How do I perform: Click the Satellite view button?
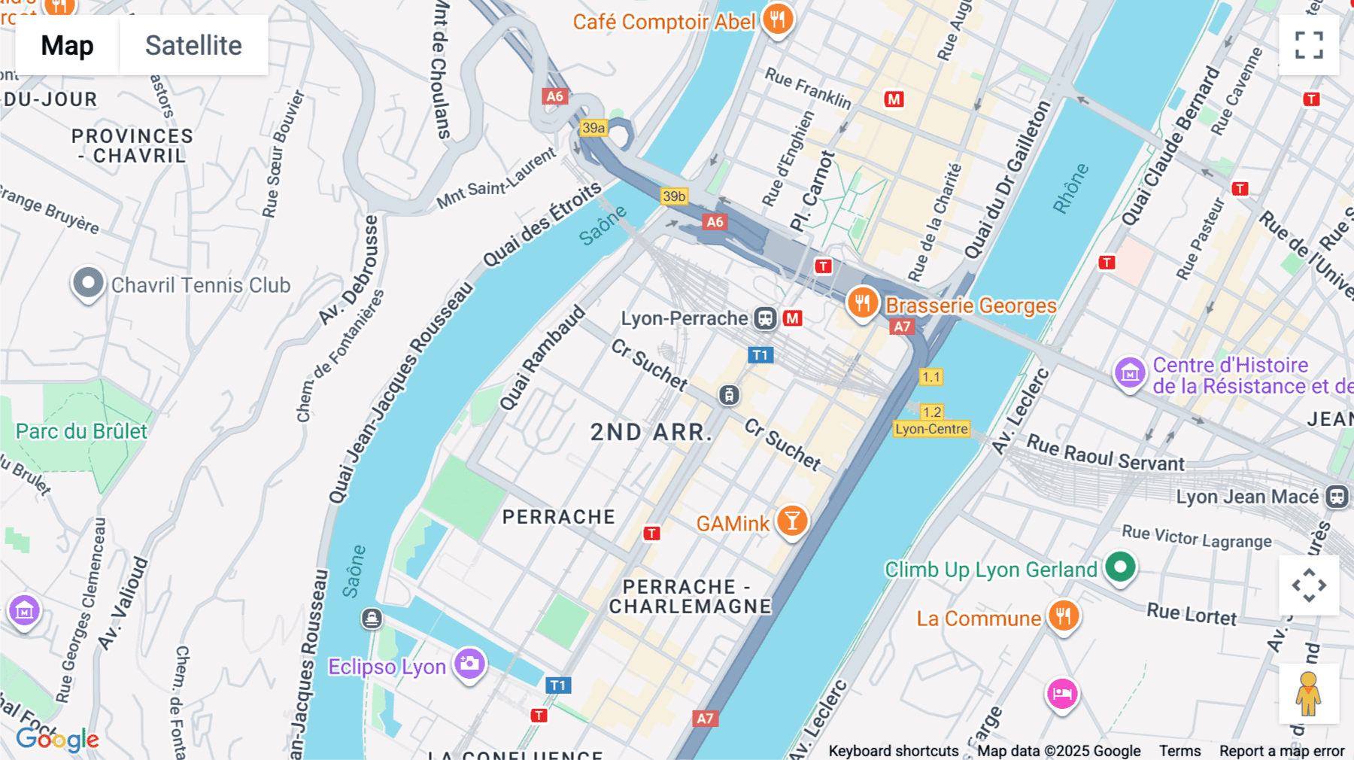point(193,46)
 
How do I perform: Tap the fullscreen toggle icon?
point(1309,45)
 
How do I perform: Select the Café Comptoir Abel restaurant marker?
point(777,19)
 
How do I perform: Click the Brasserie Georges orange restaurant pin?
point(862,303)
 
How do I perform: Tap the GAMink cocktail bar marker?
point(791,521)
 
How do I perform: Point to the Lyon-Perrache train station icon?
point(765,318)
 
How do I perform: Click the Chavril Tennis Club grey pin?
point(88,284)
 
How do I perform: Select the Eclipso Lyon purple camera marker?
point(470,664)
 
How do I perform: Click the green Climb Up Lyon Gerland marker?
point(1119,567)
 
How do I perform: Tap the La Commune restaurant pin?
point(1063,616)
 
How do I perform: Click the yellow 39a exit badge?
point(594,128)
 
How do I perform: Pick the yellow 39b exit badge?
point(674,196)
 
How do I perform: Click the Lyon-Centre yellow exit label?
point(931,429)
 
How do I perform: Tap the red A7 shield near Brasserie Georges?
point(901,327)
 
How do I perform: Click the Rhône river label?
point(1070,188)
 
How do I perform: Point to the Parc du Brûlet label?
point(81,431)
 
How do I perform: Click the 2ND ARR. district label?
point(651,432)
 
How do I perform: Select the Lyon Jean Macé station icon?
point(1337,497)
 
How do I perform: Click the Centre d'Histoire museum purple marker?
point(1129,372)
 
